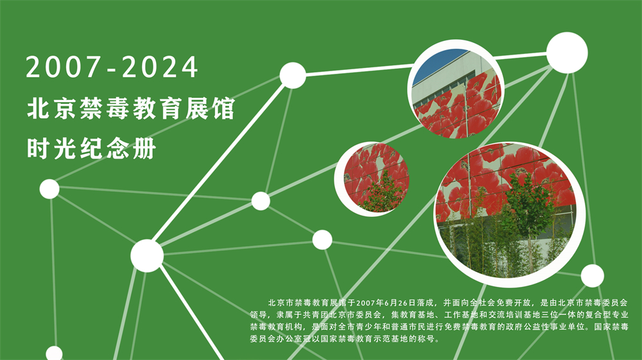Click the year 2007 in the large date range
point(64,67)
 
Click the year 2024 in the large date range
point(160,67)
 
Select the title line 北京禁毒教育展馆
point(131,108)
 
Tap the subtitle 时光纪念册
point(91,148)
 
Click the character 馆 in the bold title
point(223,108)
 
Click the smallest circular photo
point(372,179)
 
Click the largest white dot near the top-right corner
point(567,53)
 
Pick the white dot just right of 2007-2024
point(292,76)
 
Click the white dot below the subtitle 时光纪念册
point(49,189)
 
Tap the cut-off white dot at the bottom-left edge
point(54,354)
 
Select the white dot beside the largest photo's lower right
point(592,276)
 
